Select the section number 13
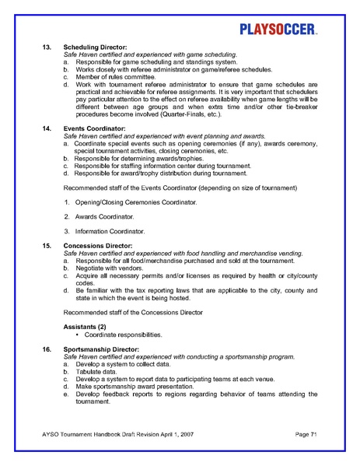[x=46, y=47]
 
